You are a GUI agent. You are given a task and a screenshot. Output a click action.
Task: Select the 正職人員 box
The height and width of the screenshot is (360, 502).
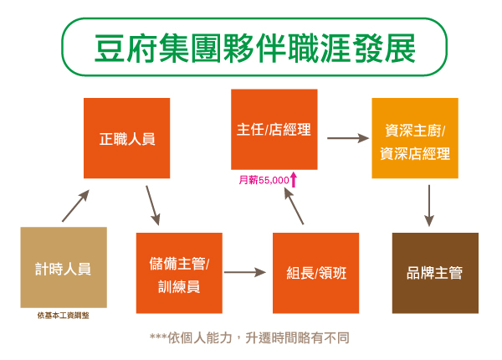pos(127,139)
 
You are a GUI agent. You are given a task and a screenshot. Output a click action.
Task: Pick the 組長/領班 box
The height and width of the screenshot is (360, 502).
pos(315,273)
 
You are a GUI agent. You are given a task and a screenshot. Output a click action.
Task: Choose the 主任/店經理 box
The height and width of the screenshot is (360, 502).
pos(274,130)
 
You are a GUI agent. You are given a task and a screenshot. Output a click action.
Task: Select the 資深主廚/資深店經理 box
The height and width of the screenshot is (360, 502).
pos(415,138)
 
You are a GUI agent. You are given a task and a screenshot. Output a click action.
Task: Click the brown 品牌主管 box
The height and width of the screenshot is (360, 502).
pos(435,273)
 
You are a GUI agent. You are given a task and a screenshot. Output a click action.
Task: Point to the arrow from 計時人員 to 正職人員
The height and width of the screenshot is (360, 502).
pos(75,206)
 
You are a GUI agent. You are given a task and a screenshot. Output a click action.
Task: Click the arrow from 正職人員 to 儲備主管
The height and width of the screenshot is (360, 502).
pos(153,204)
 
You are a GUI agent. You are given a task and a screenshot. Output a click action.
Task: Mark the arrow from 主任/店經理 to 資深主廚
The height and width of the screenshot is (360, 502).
pos(347,136)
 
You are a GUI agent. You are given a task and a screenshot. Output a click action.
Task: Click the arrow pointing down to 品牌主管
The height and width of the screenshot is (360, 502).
pos(429,205)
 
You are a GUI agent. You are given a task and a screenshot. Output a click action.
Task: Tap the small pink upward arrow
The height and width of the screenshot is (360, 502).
pos(294,178)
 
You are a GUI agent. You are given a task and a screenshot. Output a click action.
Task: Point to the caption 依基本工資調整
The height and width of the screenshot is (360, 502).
pos(63,316)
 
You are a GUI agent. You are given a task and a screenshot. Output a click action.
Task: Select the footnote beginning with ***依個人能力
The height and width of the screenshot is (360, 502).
pos(248,338)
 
